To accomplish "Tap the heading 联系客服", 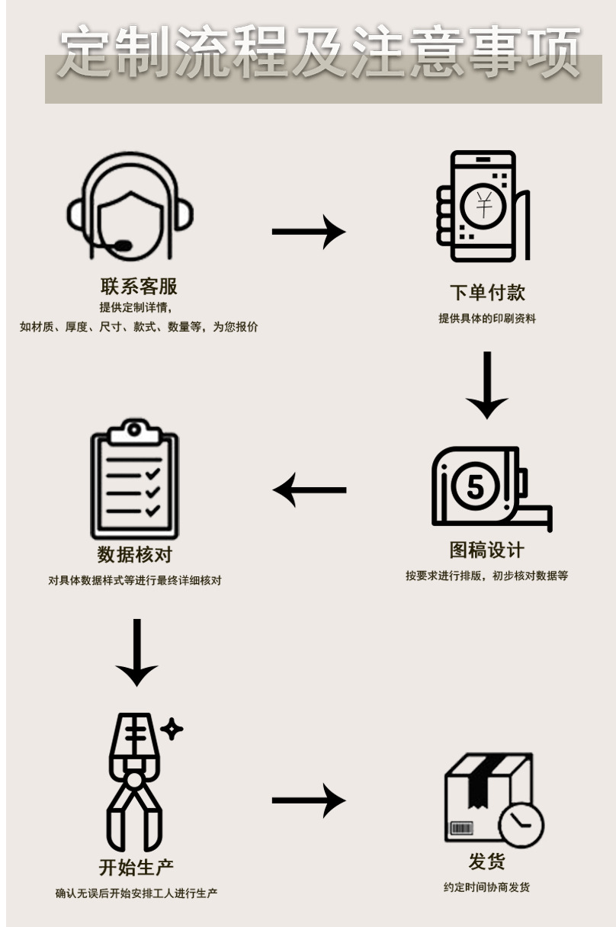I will (x=139, y=287).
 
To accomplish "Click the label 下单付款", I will (x=486, y=293).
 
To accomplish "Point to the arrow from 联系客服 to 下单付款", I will (x=308, y=231).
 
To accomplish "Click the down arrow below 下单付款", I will (x=486, y=385).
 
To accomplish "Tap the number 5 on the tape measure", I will (x=475, y=486).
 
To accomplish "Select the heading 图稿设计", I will (x=486, y=550).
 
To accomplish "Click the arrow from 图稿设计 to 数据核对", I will (x=310, y=489).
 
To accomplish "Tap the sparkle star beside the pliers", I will (x=172, y=729).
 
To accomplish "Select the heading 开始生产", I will (x=136, y=867).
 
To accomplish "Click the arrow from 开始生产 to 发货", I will (x=308, y=800).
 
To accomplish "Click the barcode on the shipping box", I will (x=462, y=828).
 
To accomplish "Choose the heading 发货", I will (x=486, y=862).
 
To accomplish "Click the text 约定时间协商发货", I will (x=486, y=887).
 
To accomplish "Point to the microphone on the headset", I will (x=121, y=246).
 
